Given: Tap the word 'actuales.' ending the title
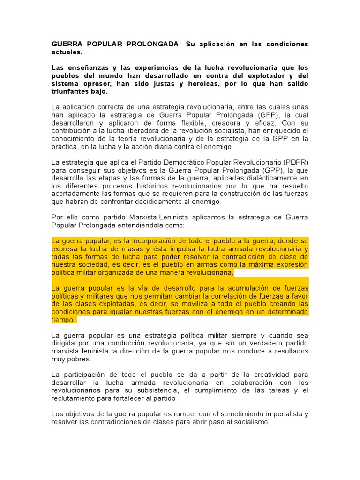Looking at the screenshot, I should pyautogui.click(x=67, y=52).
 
